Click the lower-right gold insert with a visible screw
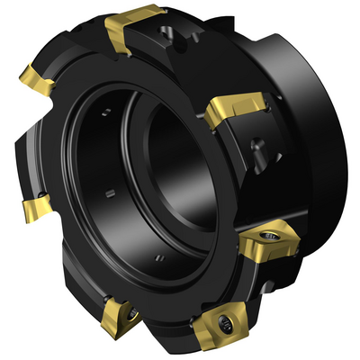point(268,240)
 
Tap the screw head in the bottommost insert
point(219,324)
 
